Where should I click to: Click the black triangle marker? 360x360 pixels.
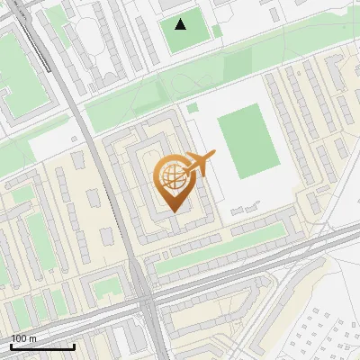[181, 24]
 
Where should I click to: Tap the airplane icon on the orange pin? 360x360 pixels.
[200, 164]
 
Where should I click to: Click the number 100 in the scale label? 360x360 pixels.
[19, 338]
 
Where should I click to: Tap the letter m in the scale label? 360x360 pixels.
[32, 338]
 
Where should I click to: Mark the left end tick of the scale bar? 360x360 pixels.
[11, 346]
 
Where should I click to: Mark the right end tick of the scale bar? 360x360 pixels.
[75, 346]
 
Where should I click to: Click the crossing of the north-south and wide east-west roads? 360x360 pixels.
[146, 297]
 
